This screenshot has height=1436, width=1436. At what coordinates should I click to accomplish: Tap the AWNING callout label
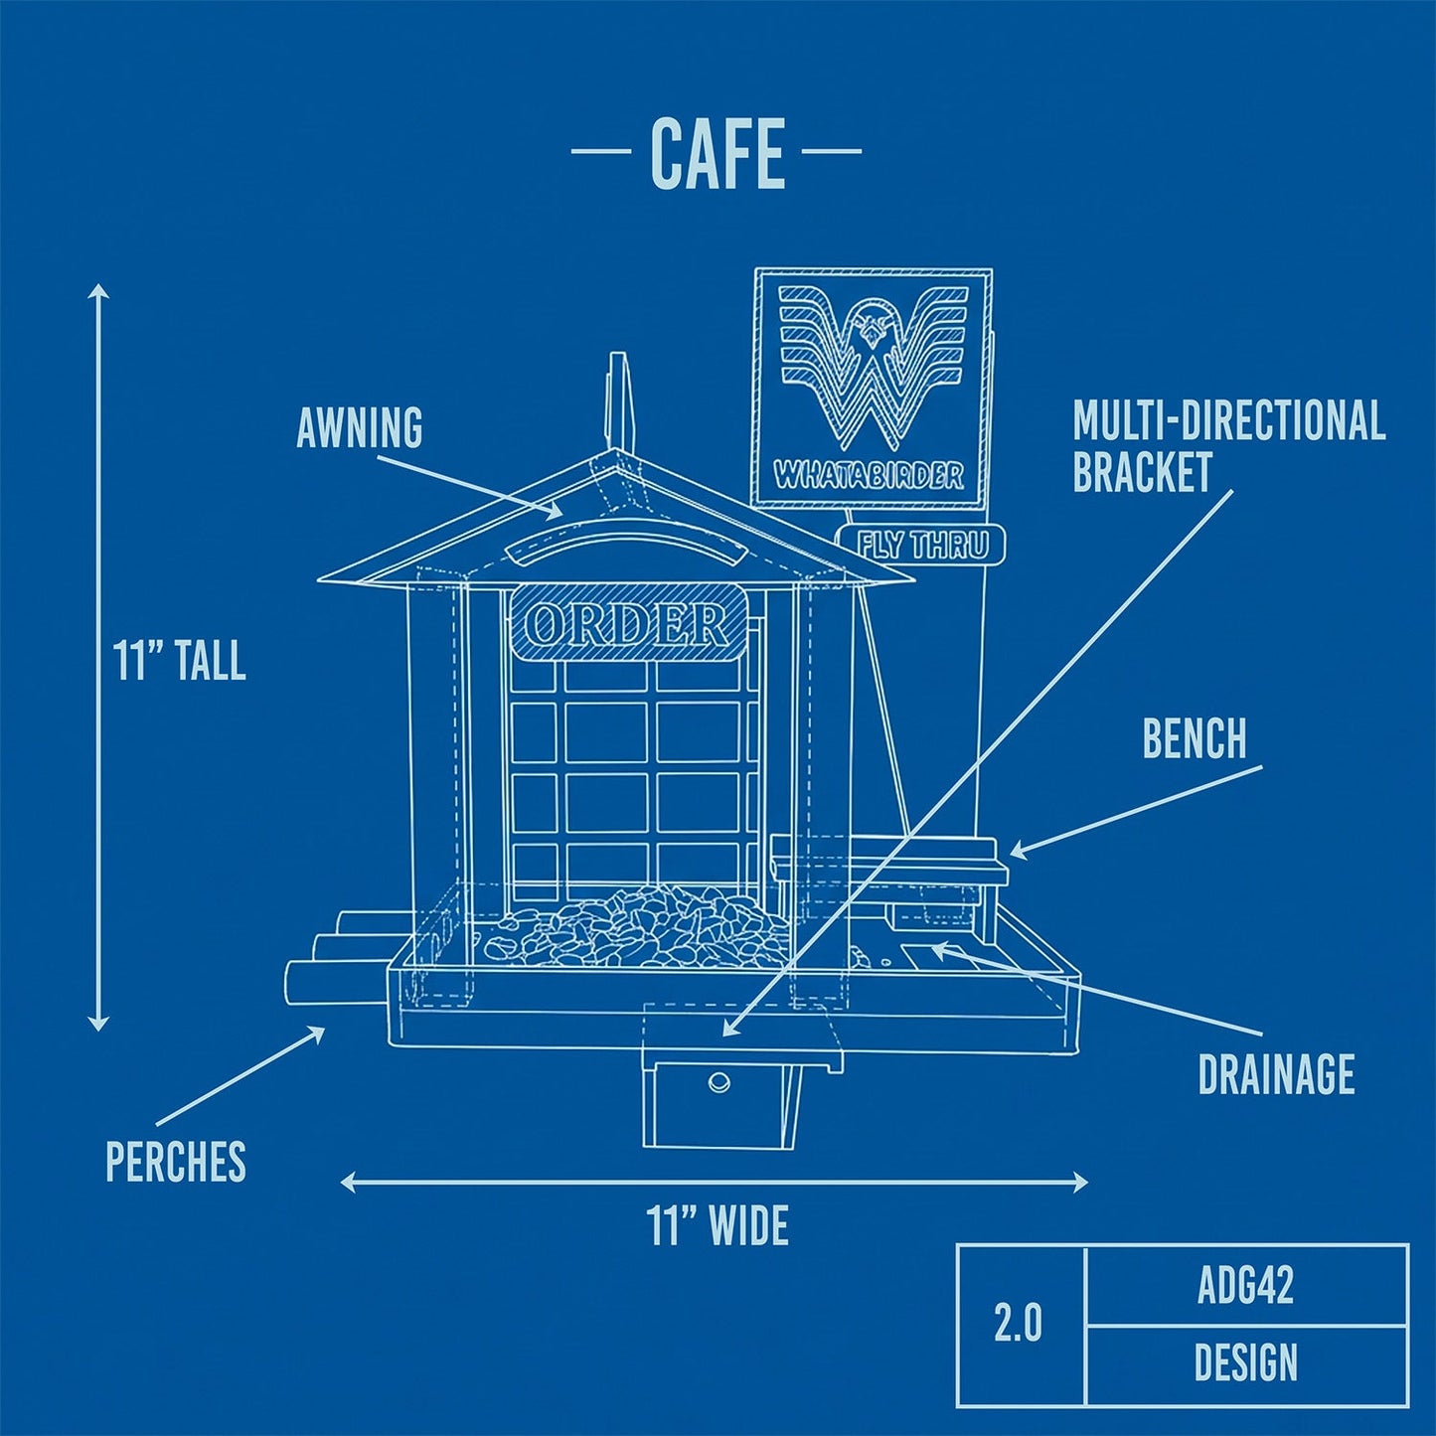(x=359, y=427)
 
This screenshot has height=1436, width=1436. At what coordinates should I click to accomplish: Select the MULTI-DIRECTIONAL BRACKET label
(x=1228, y=446)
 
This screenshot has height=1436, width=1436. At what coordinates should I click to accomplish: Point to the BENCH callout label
(x=1194, y=738)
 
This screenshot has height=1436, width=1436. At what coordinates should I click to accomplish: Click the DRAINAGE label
(x=1276, y=1074)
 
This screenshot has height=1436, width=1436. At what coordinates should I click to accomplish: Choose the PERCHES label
(x=176, y=1161)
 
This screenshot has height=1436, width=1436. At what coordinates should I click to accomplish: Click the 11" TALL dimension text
(x=179, y=660)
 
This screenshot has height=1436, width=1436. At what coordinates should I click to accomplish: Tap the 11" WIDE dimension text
(x=718, y=1225)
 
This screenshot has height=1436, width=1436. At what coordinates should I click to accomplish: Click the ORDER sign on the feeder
(x=628, y=623)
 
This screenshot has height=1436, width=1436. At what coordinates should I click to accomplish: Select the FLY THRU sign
(x=922, y=546)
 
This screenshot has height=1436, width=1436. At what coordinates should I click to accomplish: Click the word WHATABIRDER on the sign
(x=870, y=475)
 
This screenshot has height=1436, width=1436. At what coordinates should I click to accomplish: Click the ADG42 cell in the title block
(x=1245, y=1286)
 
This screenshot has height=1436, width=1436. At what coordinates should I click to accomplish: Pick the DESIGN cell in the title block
(x=1245, y=1362)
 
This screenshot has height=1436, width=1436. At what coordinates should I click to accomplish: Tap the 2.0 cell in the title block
(x=1019, y=1324)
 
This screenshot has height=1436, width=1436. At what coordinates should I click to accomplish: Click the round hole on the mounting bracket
(x=718, y=1081)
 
